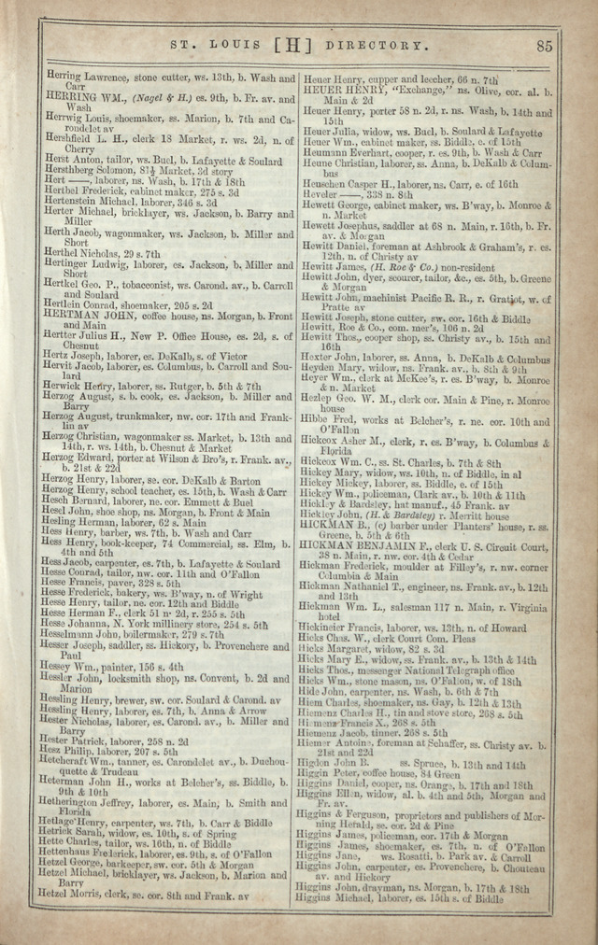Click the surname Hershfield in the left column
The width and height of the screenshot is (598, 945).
[x=71, y=138]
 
